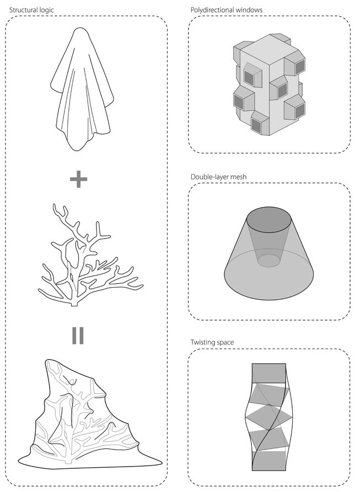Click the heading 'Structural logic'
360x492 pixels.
31,10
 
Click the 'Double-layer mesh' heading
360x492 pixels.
218,177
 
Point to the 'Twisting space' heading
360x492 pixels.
212,342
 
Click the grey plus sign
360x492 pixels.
78,179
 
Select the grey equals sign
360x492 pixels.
78,335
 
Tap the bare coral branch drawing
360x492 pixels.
90,255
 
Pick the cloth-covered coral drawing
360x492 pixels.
90,414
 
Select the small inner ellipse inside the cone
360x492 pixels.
269,261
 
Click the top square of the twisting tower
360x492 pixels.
269,373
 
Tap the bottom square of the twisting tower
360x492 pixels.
269,461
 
